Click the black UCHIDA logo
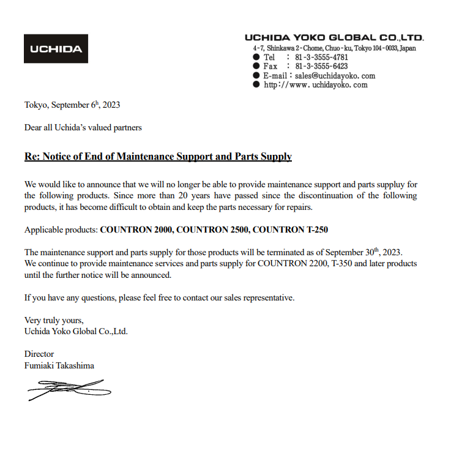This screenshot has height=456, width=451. click(x=56, y=49)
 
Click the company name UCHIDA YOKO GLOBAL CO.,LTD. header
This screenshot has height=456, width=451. click(x=334, y=38)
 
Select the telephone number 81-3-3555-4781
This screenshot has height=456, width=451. click(x=321, y=58)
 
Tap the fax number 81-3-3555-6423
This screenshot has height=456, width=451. click(x=321, y=66)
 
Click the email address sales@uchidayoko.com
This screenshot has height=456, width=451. click(x=335, y=76)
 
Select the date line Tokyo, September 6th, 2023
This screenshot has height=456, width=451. click(x=72, y=105)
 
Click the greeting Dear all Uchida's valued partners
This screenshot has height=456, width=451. click(x=83, y=128)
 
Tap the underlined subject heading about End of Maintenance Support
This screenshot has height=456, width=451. click(x=158, y=157)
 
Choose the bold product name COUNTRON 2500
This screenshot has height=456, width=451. click(x=212, y=230)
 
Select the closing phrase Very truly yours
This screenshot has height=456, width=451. click(x=54, y=320)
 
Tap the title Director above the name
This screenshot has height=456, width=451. click(x=39, y=354)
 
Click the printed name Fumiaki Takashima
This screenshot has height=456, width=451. click(x=59, y=365)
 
